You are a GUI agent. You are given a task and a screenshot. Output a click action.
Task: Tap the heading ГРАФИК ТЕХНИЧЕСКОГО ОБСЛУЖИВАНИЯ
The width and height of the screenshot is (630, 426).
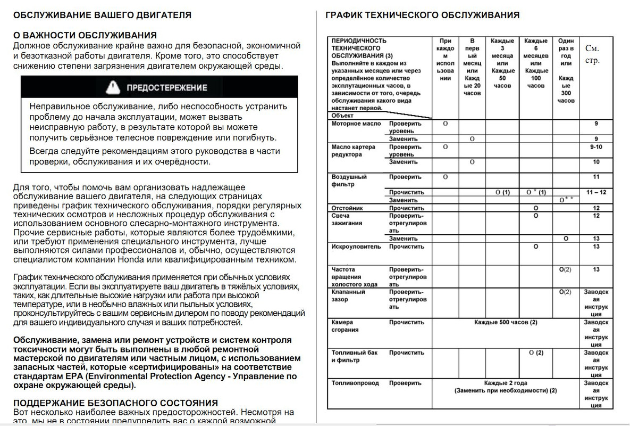click(422, 15)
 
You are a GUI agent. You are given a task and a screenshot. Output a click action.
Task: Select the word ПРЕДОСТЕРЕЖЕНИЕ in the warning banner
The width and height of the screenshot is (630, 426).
click(166, 87)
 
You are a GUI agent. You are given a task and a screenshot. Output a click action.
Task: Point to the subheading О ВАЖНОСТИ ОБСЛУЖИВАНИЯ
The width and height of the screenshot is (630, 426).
click(85, 36)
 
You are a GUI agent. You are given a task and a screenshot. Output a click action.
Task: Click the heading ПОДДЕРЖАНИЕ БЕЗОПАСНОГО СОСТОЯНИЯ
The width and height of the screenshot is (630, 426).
click(115, 403)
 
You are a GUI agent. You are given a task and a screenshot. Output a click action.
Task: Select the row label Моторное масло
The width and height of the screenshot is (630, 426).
click(356, 124)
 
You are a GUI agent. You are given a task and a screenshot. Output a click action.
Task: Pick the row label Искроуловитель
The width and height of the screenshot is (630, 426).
click(356, 247)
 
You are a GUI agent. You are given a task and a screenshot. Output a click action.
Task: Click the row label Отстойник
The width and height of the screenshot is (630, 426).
click(347, 208)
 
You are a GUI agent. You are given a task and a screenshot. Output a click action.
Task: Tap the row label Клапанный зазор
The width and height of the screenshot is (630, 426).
click(348, 296)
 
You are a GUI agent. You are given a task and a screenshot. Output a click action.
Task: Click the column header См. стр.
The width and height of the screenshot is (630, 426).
click(593, 54)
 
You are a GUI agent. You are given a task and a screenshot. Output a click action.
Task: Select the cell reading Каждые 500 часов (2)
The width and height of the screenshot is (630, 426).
click(506, 322)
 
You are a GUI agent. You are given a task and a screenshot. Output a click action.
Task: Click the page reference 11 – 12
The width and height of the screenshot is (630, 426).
click(595, 192)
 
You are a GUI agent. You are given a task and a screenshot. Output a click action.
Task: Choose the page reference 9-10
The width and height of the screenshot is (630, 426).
click(595, 147)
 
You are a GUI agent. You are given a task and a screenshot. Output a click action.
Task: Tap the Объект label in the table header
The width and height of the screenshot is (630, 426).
click(342, 115)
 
